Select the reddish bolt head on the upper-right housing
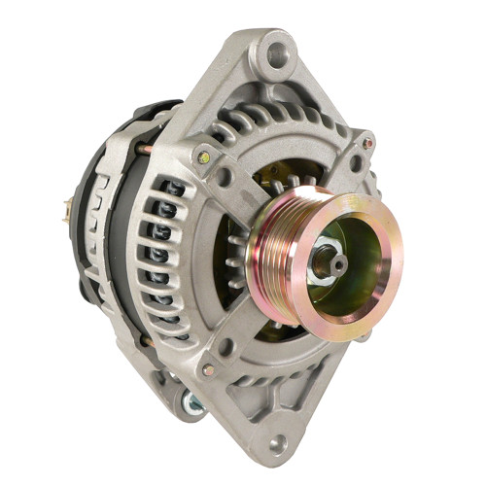[368, 143]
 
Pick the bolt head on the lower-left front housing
[208, 370]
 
